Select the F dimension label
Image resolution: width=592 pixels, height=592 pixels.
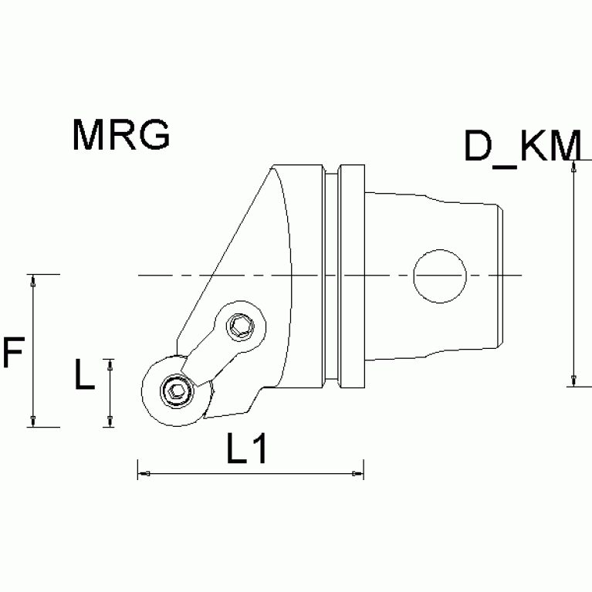click(13, 354)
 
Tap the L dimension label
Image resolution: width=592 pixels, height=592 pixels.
click(84, 376)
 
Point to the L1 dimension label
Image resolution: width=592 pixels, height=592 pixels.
click(247, 449)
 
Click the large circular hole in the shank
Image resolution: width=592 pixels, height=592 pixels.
click(440, 276)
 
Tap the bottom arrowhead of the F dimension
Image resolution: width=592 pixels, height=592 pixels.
click(33, 419)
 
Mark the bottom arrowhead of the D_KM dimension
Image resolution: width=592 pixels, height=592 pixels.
click(573, 379)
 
